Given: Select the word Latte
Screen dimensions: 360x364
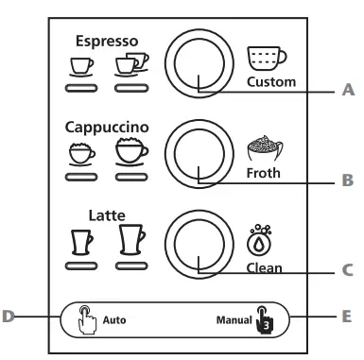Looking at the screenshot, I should tap(107, 214).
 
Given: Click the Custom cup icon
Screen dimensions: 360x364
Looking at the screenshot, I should tap(270, 58).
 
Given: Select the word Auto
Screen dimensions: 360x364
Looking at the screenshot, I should tap(114, 319).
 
